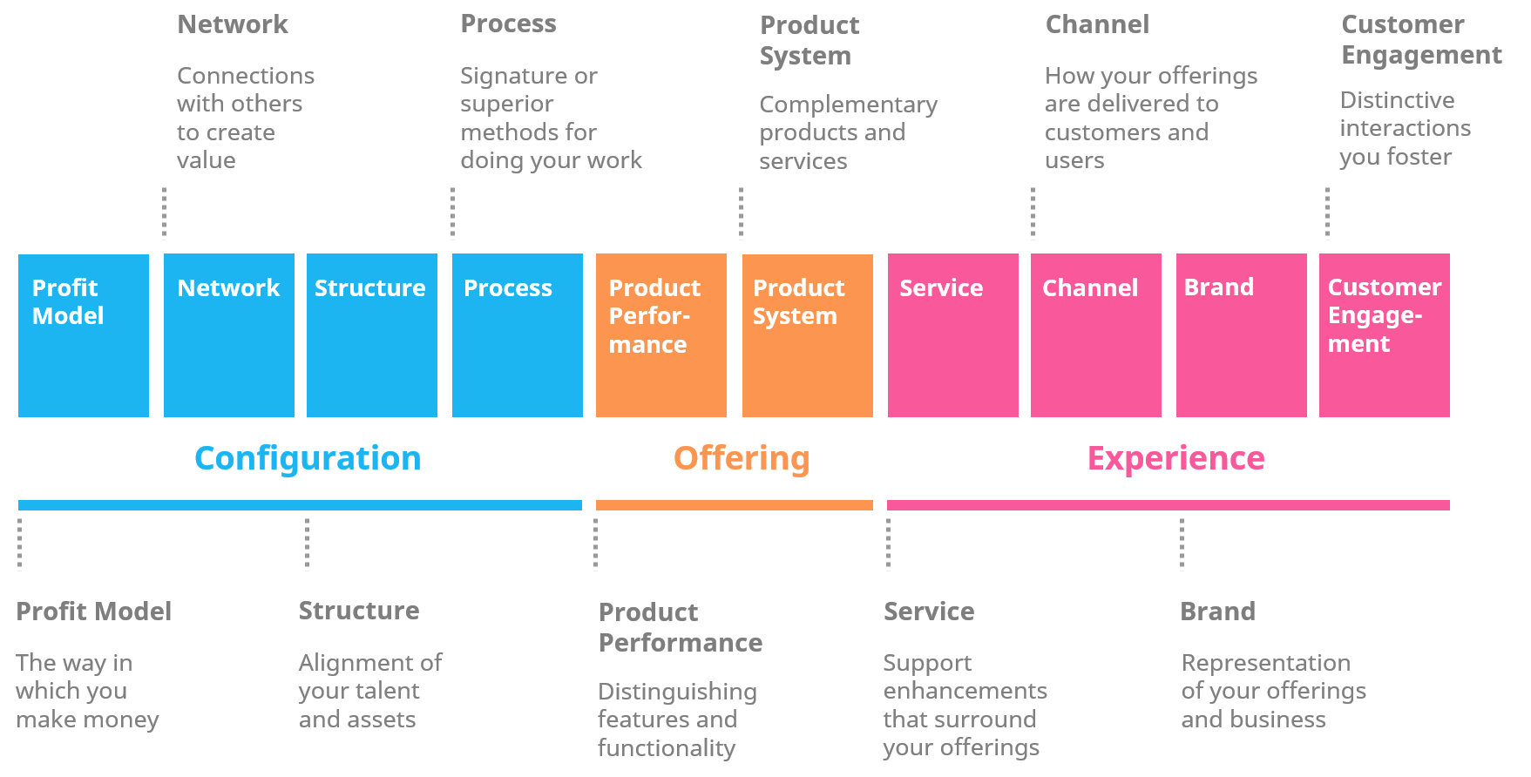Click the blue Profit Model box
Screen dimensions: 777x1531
point(83,335)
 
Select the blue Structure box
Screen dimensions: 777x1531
point(371,335)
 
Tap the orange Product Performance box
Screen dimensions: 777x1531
point(660,335)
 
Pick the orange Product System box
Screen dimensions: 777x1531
point(807,335)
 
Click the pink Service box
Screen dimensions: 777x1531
point(952,335)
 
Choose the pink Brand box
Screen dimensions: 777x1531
point(1241,335)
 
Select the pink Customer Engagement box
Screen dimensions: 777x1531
point(1384,335)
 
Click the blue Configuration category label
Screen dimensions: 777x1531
point(308,458)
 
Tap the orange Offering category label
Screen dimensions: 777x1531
point(742,458)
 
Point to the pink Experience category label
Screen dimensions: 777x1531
point(1175,458)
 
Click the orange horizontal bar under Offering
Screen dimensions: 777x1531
point(734,505)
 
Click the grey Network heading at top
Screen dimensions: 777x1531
point(232,24)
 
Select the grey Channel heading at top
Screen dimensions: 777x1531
point(1097,24)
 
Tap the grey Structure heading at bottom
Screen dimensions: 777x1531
point(358,611)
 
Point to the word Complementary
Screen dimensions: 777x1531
point(848,105)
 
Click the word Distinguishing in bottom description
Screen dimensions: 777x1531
point(677,692)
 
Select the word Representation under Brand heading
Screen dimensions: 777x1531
point(1265,663)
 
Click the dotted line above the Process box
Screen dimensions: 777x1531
point(452,213)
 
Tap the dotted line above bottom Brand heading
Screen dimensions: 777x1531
point(1182,544)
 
